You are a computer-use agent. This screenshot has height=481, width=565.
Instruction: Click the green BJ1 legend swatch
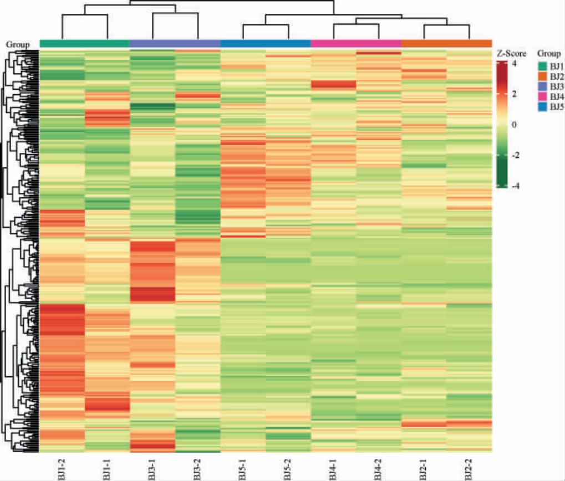[x=542, y=66]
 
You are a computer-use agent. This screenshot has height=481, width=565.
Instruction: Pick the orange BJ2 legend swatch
[x=542, y=76]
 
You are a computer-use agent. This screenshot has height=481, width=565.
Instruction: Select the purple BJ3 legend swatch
[x=542, y=86]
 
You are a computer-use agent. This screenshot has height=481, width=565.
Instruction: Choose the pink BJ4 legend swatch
[x=542, y=96]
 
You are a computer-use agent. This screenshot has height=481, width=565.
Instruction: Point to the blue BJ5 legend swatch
[x=542, y=106]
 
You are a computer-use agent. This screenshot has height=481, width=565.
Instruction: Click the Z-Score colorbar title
[x=511, y=54]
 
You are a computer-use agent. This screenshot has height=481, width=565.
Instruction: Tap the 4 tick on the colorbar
[x=515, y=63]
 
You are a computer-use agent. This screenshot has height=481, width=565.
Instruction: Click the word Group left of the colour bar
[x=17, y=44]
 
